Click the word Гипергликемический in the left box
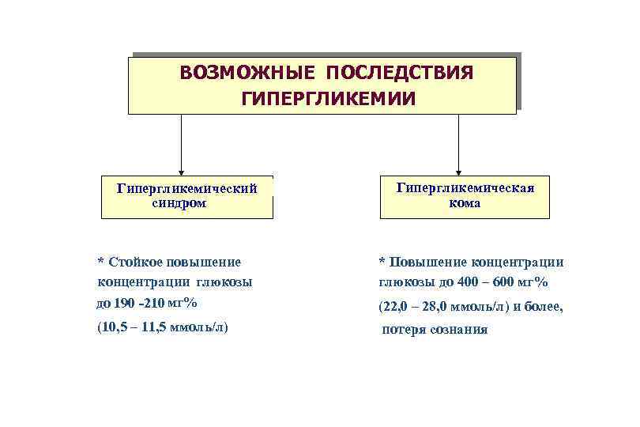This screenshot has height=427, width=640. pyautogui.click(x=187, y=189)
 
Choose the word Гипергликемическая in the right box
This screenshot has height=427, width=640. pyautogui.click(x=465, y=188)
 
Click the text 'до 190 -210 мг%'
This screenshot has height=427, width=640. pyautogui.click(x=147, y=303)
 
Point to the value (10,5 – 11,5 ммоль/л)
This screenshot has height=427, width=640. pyautogui.click(x=163, y=327)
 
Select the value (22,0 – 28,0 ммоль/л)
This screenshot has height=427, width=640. pyautogui.click(x=444, y=306)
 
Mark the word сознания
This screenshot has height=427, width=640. pyautogui.click(x=459, y=330)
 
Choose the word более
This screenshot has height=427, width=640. pyautogui.click(x=544, y=306)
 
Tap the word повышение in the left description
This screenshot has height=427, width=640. pyautogui.click(x=209, y=261)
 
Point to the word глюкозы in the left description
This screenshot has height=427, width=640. pyautogui.click(x=225, y=282)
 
